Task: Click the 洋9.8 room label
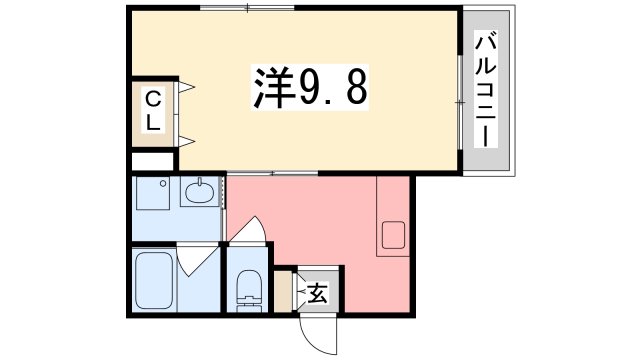[307, 91]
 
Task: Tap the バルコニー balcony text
[486, 91]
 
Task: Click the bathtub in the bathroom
[156, 281]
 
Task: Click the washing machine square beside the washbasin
[156, 195]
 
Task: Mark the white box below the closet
[153, 161]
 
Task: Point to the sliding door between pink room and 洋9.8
[272, 173]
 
